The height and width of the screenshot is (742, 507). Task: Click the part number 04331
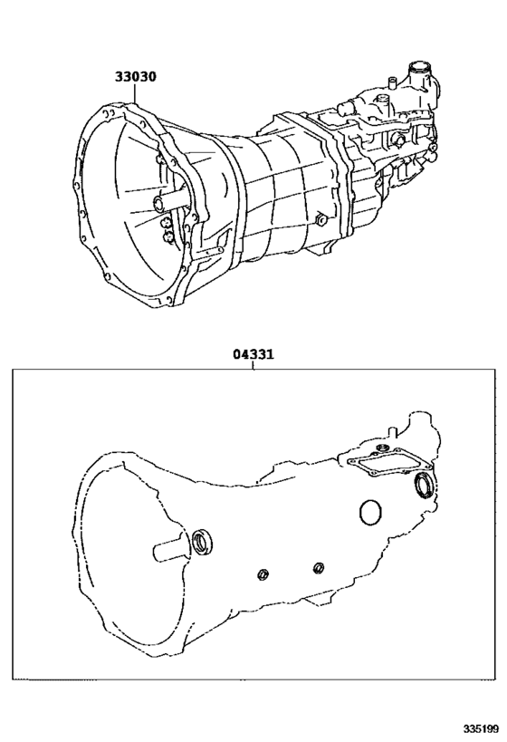253,355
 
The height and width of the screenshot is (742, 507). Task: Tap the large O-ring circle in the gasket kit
370,512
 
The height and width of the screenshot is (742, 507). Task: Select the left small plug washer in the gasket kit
262,573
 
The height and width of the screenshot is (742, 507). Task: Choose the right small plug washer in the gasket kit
318,567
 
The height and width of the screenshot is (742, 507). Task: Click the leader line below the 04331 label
253,365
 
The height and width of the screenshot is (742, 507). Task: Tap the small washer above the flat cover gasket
381,448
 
